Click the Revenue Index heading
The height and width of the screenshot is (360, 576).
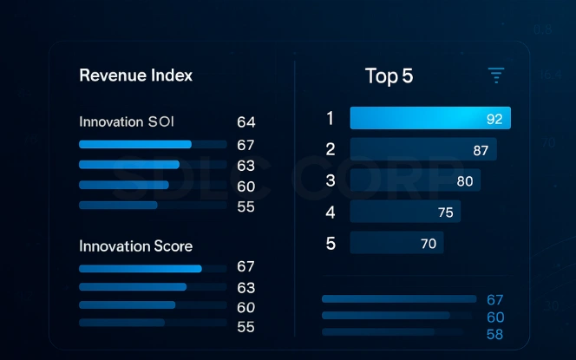click(x=135, y=75)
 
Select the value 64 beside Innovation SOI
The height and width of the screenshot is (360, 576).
click(x=245, y=122)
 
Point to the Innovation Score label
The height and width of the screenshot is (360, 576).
click(x=135, y=246)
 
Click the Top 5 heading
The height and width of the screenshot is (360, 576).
click(x=389, y=76)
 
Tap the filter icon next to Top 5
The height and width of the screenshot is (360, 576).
click(x=495, y=75)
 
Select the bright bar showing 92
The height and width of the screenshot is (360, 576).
click(x=429, y=118)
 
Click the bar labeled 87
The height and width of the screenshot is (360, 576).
click(x=422, y=149)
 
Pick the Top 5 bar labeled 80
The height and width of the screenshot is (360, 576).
click(x=415, y=180)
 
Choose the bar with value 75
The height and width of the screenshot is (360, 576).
click(x=404, y=212)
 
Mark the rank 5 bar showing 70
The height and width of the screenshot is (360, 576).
click(x=396, y=243)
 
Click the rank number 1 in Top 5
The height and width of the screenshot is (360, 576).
click(x=330, y=118)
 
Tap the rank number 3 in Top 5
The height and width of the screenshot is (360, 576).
click(x=330, y=180)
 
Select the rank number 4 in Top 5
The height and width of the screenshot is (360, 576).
click(x=330, y=212)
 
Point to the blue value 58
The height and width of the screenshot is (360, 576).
click(x=494, y=334)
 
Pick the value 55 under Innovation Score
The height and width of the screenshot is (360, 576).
click(x=245, y=327)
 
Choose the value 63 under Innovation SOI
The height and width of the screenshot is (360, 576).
click(x=245, y=166)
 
